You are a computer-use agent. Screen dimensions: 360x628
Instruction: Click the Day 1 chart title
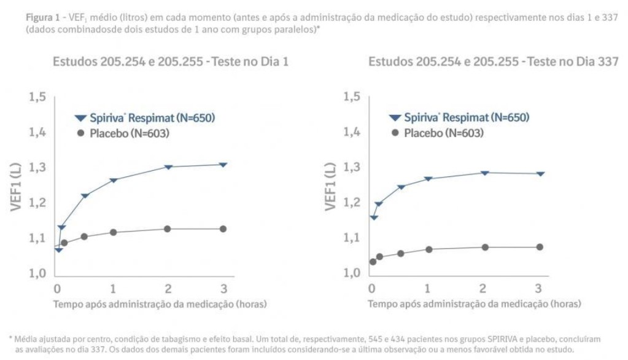(170, 62)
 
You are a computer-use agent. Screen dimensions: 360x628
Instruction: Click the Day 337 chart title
(493, 62)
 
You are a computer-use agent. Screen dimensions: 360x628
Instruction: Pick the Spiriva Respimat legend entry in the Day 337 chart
(459, 117)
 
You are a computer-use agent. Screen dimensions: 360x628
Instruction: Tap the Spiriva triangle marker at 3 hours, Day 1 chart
(223, 165)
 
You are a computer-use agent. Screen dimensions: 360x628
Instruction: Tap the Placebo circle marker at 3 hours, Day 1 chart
(223, 229)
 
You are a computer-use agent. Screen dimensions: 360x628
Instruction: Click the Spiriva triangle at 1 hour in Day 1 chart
(113, 180)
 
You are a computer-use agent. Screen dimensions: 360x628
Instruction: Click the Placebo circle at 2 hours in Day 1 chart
(167, 229)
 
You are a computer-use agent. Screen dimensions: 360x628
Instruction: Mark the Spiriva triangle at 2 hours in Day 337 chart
(484, 173)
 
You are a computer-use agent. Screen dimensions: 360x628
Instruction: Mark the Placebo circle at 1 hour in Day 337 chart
(428, 249)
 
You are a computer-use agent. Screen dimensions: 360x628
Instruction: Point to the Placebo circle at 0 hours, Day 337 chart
(373, 262)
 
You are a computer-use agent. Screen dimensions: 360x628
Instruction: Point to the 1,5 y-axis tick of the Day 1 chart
(37, 97)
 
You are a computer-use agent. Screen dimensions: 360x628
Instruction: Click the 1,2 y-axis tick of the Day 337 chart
(352, 203)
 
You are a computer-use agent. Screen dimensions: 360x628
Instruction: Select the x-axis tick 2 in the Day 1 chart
(168, 288)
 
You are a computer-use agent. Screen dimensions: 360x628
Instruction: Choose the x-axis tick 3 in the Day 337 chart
(538, 288)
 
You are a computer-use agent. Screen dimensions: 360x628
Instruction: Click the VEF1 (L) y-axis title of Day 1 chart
(17, 184)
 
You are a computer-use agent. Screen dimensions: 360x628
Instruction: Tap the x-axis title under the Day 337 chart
(475, 304)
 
